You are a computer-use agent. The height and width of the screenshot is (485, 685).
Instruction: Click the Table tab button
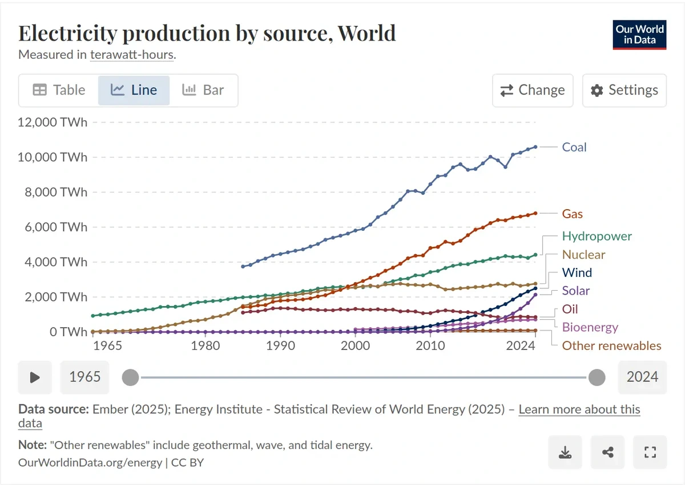pos(59,90)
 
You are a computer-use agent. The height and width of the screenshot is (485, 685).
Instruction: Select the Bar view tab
pos(203,90)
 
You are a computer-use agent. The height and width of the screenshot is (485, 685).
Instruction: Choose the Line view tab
pos(134,90)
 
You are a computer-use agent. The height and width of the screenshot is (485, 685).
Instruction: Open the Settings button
pos(624,90)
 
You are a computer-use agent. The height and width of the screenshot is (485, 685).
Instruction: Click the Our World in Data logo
pos(639,34)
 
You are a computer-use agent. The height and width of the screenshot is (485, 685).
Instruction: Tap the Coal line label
pos(574,147)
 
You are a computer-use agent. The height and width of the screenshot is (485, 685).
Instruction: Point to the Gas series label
pos(572,214)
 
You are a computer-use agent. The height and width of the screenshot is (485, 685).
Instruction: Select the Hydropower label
pos(597,236)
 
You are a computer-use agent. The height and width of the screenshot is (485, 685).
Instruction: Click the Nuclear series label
pos(583,254)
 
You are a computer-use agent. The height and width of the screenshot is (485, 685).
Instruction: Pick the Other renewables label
pos(611,345)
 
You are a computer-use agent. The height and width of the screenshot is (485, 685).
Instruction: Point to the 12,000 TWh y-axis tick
pos(53,122)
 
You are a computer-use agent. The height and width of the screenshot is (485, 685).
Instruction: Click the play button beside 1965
pos(35,377)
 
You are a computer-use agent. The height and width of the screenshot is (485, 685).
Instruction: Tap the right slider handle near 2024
pos(597,377)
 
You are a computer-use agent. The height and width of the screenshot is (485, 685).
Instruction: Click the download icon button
pos(565,453)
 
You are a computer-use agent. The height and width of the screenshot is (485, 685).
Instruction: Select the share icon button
pos(607,453)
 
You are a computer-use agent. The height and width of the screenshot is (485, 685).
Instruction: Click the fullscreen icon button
pos(650,453)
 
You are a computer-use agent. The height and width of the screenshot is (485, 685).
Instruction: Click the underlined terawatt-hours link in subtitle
pos(132,55)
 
